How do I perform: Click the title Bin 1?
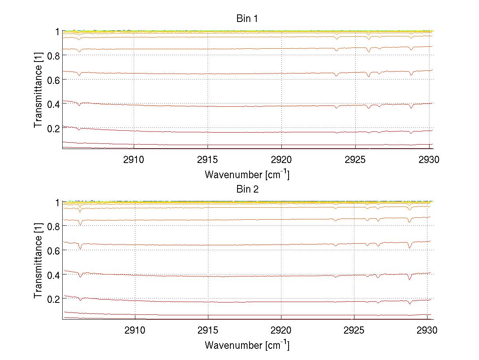tap(247, 19)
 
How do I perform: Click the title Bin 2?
tap(247, 189)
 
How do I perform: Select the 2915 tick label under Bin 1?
tap(208, 160)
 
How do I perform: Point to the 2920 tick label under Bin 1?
tap(281, 160)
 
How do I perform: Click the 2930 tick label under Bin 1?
tap(429, 160)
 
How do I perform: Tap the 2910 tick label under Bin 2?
tap(135, 331)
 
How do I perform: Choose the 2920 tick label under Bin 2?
tap(281, 331)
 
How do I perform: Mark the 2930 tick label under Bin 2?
tap(427, 331)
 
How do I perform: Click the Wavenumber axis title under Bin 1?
tap(247, 174)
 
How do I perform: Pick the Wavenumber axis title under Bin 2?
tap(247, 345)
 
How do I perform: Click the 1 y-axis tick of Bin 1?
tap(57, 31)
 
